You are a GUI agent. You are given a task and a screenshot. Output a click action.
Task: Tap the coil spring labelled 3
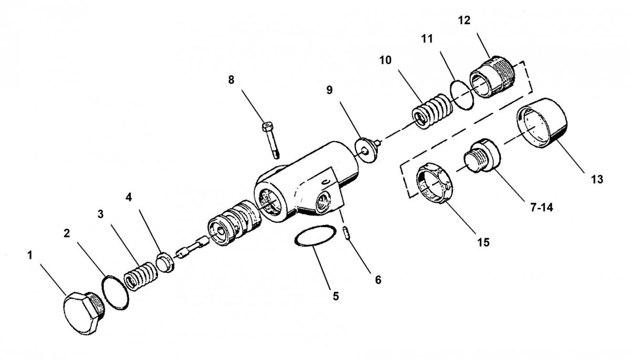[141, 276]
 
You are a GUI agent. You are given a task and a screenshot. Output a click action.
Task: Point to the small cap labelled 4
[165, 262]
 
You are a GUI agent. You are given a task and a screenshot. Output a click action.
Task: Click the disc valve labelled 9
[367, 150]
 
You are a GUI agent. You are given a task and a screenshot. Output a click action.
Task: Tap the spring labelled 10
[432, 111]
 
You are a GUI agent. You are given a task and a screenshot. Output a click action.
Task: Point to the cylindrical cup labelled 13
[541, 122]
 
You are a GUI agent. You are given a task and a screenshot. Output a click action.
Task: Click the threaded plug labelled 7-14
[482, 155]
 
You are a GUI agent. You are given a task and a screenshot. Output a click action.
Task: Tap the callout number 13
[597, 179]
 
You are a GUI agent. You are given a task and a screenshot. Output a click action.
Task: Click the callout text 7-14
[542, 208]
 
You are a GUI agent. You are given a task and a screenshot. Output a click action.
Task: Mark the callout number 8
[231, 80]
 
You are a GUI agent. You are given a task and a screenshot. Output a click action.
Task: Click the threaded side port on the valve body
[323, 203]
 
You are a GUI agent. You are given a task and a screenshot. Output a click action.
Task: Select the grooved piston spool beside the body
[234, 222]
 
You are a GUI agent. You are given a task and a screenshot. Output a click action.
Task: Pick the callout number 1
[30, 256]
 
